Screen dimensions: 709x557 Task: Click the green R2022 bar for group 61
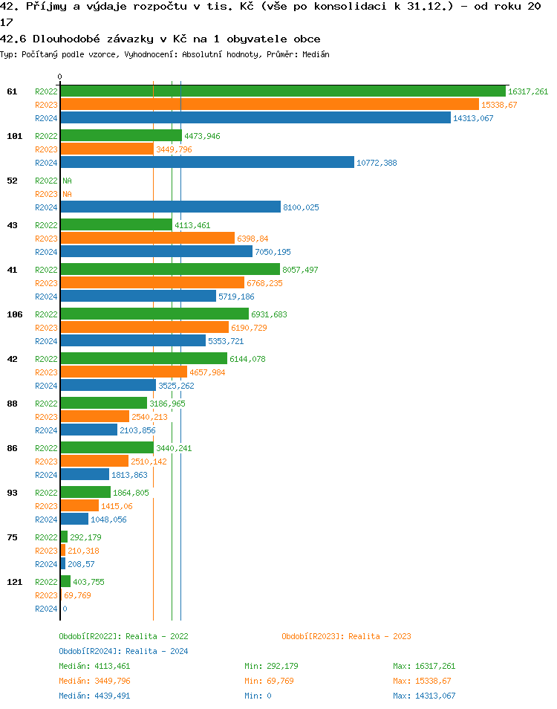[282, 91]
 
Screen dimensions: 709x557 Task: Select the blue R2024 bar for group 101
[207, 163]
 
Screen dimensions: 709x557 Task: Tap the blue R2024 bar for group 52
[170, 207]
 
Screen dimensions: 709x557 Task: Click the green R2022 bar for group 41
[170, 270]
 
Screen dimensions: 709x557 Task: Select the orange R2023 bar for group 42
[123, 372]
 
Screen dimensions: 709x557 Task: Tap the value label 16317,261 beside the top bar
[528, 91]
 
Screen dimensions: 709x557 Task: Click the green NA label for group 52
[67, 181]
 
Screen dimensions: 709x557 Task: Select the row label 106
[14, 314]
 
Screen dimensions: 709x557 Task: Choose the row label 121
[14, 582]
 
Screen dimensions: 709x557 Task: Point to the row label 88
[12, 404]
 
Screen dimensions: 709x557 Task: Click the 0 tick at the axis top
[60, 77]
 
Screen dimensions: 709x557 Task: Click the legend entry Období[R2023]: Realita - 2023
[346, 636]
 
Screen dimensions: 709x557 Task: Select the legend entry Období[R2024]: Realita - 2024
[123, 651]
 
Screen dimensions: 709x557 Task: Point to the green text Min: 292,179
[271, 666]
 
